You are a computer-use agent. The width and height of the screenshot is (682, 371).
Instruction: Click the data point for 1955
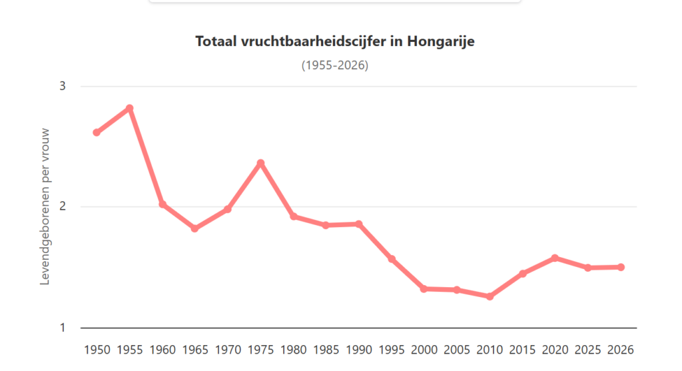[x=130, y=109]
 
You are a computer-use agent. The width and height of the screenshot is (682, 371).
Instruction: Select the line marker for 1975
[x=260, y=163]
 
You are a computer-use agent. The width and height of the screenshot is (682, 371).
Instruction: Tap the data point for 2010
[x=490, y=296]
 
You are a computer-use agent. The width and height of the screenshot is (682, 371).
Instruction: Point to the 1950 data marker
[x=97, y=133]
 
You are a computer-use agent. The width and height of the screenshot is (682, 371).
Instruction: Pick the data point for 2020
[x=555, y=258]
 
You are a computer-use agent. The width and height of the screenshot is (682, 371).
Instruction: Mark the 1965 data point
[x=195, y=228]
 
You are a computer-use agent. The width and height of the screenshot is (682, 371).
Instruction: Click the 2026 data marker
[x=621, y=267]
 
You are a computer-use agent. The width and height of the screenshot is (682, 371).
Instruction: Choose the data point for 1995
[x=392, y=259]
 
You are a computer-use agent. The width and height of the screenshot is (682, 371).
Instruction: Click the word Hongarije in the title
[x=441, y=41]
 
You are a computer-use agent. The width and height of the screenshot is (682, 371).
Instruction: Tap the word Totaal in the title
[x=216, y=41]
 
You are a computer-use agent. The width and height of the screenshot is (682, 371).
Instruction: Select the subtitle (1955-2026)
[x=335, y=65]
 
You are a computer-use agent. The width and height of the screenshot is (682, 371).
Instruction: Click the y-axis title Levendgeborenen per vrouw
[x=45, y=206]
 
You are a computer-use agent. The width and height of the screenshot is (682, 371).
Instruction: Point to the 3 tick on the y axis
[x=63, y=86]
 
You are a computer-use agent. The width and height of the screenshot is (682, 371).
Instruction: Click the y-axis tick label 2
[x=63, y=206]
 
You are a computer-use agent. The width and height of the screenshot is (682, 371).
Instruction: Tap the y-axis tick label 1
[x=63, y=328]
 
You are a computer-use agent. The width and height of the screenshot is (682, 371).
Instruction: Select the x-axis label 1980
[x=294, y=350]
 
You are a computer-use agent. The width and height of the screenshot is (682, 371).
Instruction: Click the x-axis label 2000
[x=424, y=350]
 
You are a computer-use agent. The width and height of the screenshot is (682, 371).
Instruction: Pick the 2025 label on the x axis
[x=587, y=350]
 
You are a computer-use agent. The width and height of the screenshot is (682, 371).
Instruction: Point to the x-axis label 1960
[x=163, y=350]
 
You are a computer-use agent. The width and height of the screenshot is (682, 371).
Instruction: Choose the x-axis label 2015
[x=522, y=350]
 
